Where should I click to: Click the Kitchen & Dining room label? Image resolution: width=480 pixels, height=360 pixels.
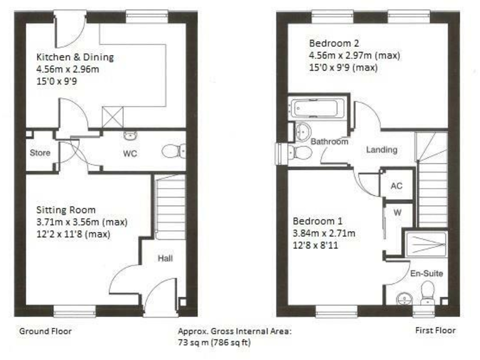point(74,57)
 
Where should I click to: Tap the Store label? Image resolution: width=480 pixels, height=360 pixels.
point(40,152)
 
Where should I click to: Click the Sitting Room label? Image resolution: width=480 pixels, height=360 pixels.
point(66,210)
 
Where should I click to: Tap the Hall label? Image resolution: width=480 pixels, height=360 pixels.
point(165,258)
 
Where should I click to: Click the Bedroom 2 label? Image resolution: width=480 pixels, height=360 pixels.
point(334,43)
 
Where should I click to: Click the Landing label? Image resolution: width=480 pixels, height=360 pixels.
point(381,150)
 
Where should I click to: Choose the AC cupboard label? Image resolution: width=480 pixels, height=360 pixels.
point(396,186)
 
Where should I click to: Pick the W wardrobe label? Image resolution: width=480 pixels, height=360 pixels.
point(397,212)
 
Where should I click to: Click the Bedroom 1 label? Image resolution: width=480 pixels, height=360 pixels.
point(317,221)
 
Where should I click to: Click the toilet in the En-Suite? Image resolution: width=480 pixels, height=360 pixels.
point(428,291)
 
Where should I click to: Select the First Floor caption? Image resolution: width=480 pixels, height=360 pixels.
point(436,331)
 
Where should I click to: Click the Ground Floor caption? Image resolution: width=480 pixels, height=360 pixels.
point(46,331)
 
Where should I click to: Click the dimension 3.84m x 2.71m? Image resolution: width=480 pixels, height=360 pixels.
point(324,234)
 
